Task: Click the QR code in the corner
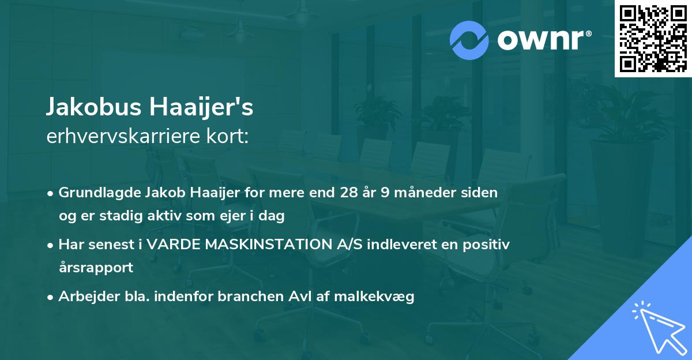[653, 39]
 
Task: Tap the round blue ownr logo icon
[469, 39]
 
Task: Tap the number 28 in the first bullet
[349, 193]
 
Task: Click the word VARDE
[170, 245]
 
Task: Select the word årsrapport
[96, 268]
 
